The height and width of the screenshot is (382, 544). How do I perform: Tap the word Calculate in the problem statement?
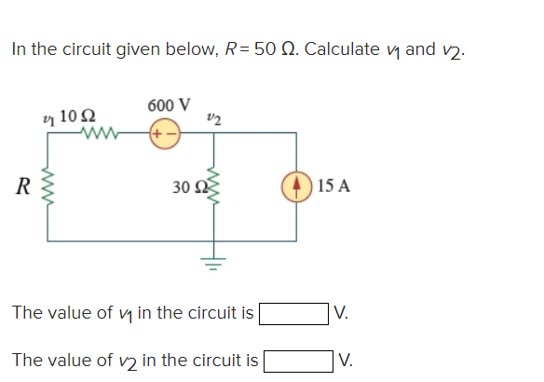(344, 48)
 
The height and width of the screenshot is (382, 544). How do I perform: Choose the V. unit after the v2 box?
(347, 359)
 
